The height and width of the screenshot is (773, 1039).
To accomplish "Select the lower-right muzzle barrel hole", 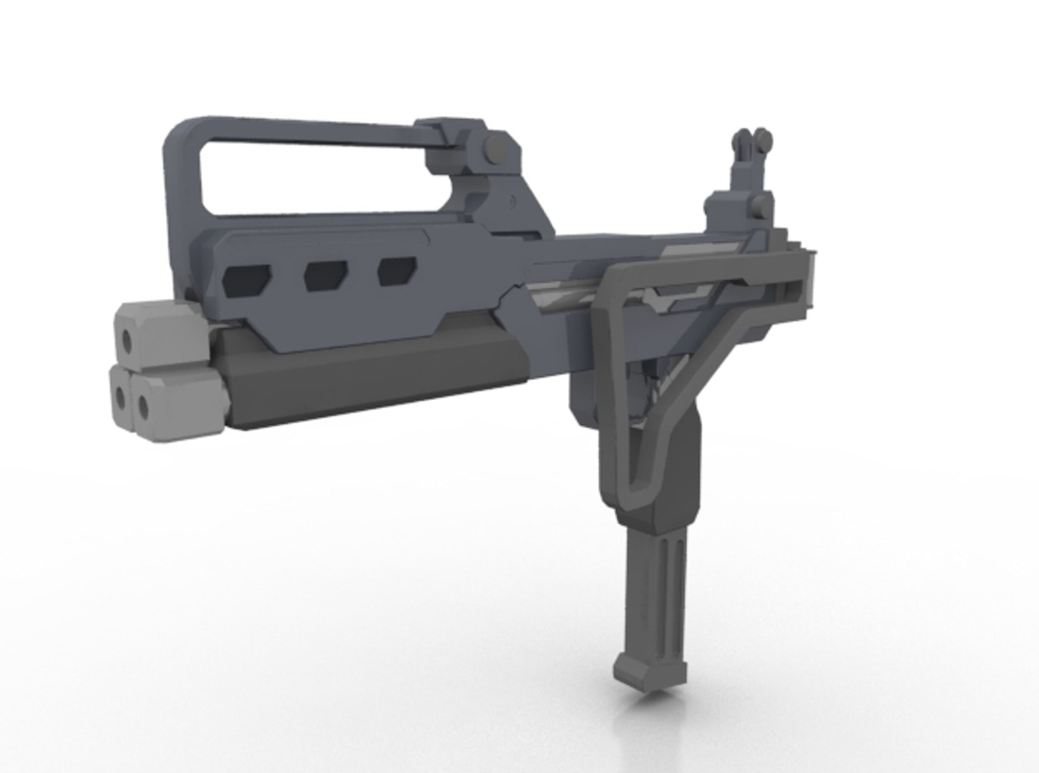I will click(144, 407).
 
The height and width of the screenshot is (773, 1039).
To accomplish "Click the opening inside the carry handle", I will click(315, 174).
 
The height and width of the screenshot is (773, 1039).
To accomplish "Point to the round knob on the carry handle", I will click(493, 150).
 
